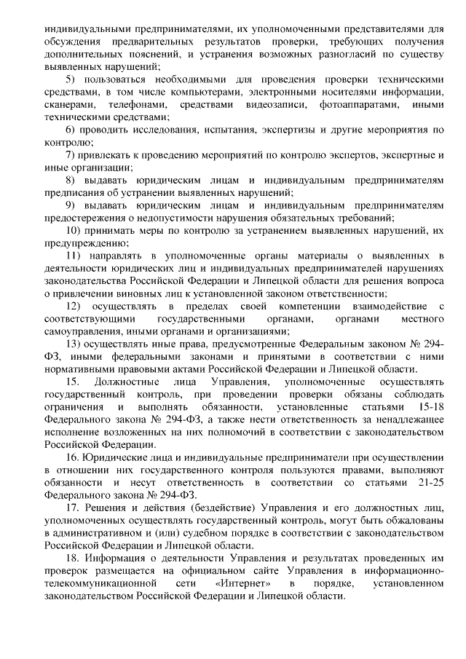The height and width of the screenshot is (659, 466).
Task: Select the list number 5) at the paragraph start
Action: (x=70, y=79)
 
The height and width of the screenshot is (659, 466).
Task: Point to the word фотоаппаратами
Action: (x=358, y=105)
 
